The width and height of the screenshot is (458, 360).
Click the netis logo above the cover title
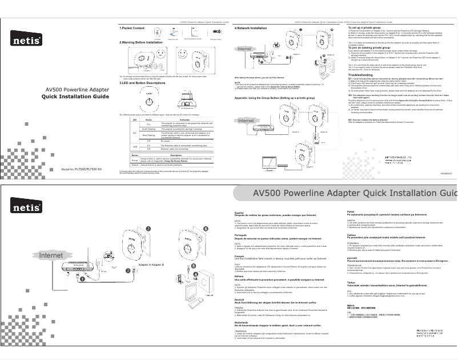[25, 41]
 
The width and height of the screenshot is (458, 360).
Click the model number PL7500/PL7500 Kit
[86, 170]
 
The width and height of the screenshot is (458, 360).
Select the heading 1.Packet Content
[132, 27]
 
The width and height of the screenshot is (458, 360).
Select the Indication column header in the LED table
[184, 119]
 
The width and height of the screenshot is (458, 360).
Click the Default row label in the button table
[135, 165]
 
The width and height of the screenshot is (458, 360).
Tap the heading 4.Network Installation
[251, 27]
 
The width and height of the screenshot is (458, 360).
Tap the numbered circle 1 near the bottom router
[81, 280]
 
